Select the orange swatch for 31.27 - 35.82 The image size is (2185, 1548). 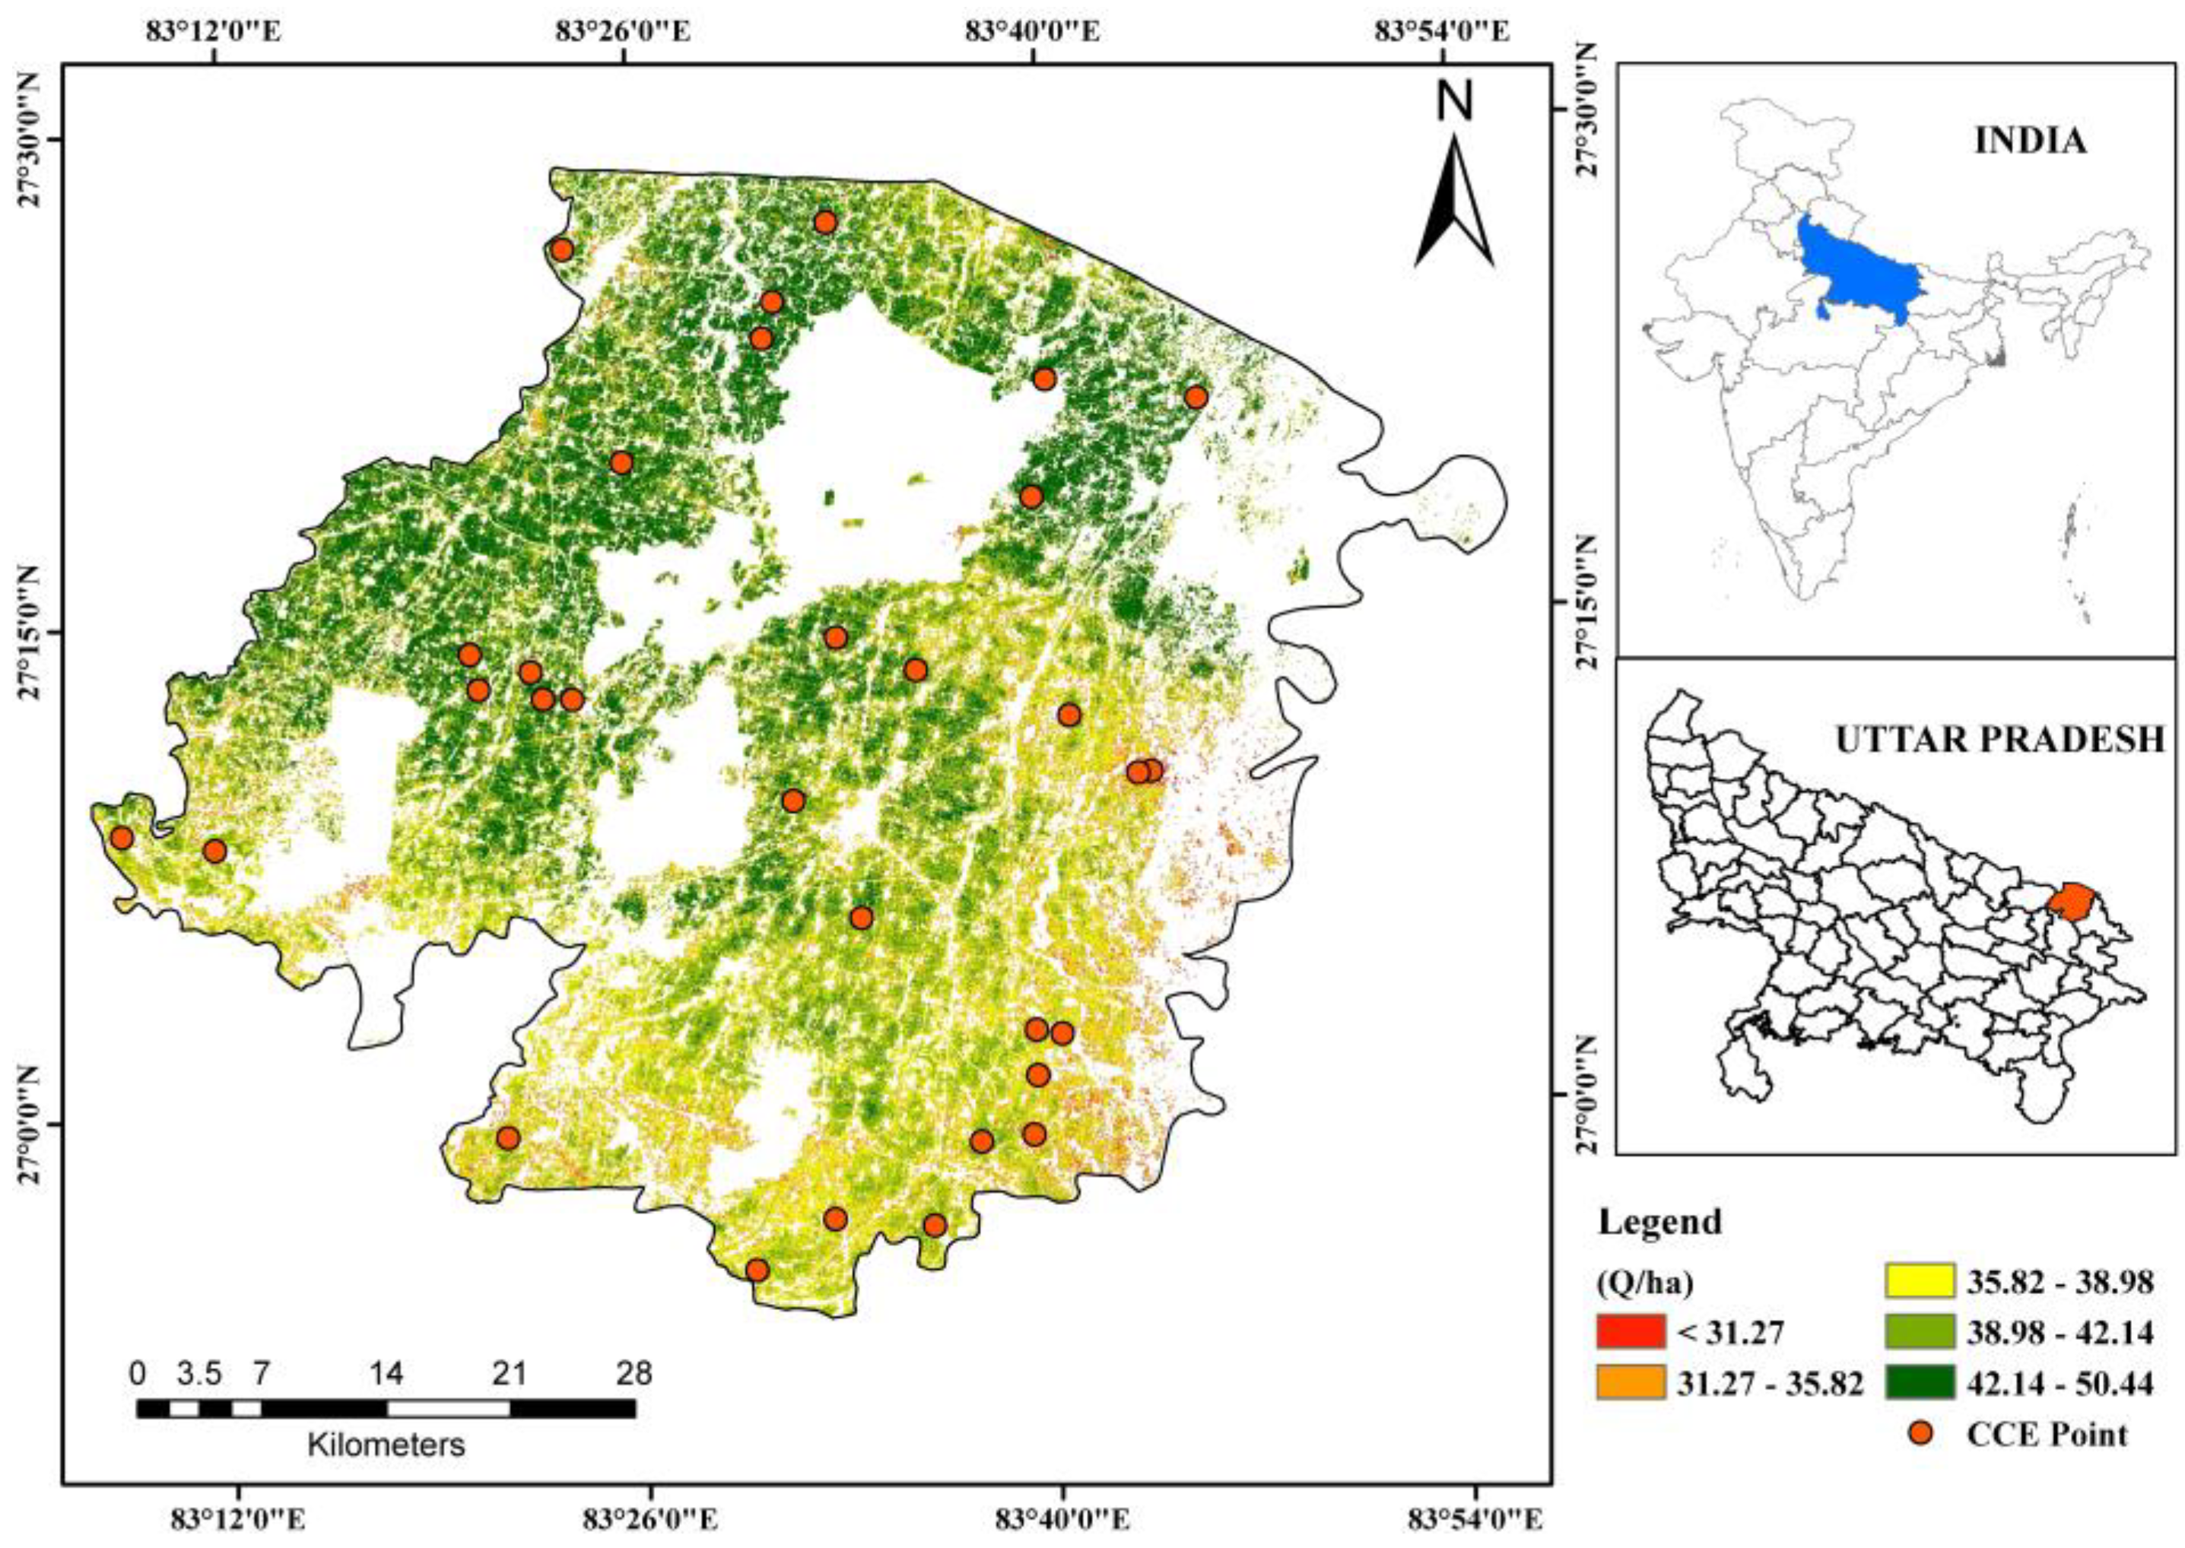(1631, 1381)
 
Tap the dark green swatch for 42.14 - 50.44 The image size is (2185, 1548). (1921, 1381)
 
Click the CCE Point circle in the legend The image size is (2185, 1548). (1920, 1432)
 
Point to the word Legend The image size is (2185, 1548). (1659, 1221)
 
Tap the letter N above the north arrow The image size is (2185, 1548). (1455, 101)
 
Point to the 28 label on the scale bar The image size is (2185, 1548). (634, 1374)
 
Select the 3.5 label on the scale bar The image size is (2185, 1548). (199, 1374)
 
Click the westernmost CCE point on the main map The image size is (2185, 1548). (121, 838)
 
